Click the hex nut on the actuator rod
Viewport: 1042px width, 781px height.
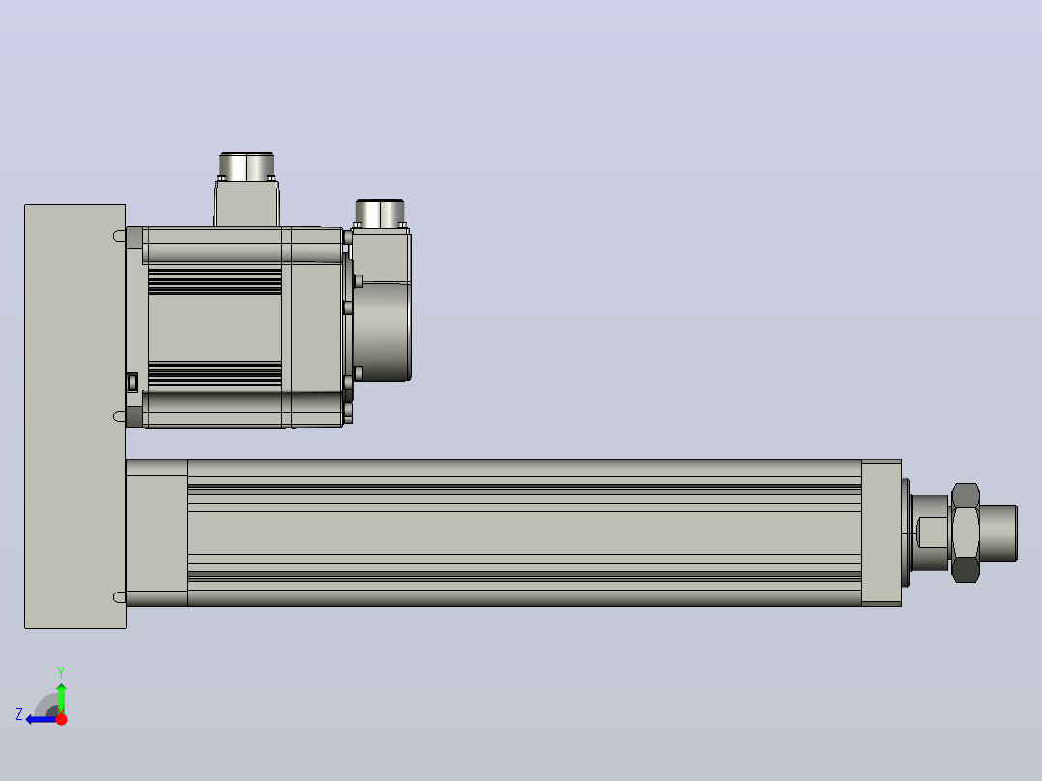tap(966, 534)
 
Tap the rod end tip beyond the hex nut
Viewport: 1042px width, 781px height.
tap(999, 534)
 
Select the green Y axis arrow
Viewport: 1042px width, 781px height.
tap(61, 698)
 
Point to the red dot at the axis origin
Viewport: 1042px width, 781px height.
tap(61, 719)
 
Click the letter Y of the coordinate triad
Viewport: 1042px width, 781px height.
tap(61, 672)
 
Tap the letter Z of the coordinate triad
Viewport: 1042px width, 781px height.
tap(19, 714)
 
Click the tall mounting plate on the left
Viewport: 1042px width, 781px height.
tap(75, 416)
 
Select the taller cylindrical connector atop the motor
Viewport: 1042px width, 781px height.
tap(246, 166)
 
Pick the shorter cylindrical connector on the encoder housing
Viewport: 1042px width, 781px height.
tap(380, 213)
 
